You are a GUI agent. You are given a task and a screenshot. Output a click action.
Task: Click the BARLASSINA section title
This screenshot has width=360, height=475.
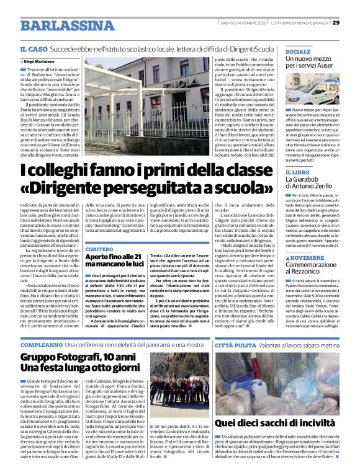point(60,26)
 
